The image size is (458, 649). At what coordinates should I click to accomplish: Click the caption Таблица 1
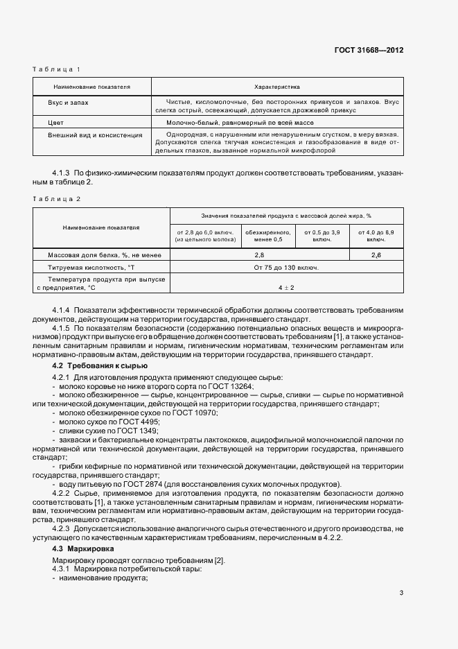coord(57,69)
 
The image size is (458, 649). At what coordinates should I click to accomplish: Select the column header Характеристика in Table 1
coord(276,87)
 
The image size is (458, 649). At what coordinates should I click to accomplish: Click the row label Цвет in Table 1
coord(55,121)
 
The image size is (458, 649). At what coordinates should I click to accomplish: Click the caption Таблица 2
coord(57,199)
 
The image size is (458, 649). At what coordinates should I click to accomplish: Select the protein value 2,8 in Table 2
coord(259,255)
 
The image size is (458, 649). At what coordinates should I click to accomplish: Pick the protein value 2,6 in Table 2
coord(376,255)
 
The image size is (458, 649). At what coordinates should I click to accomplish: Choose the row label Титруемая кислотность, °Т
coord(87,267)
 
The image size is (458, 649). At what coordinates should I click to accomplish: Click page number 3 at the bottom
coord(401,593)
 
